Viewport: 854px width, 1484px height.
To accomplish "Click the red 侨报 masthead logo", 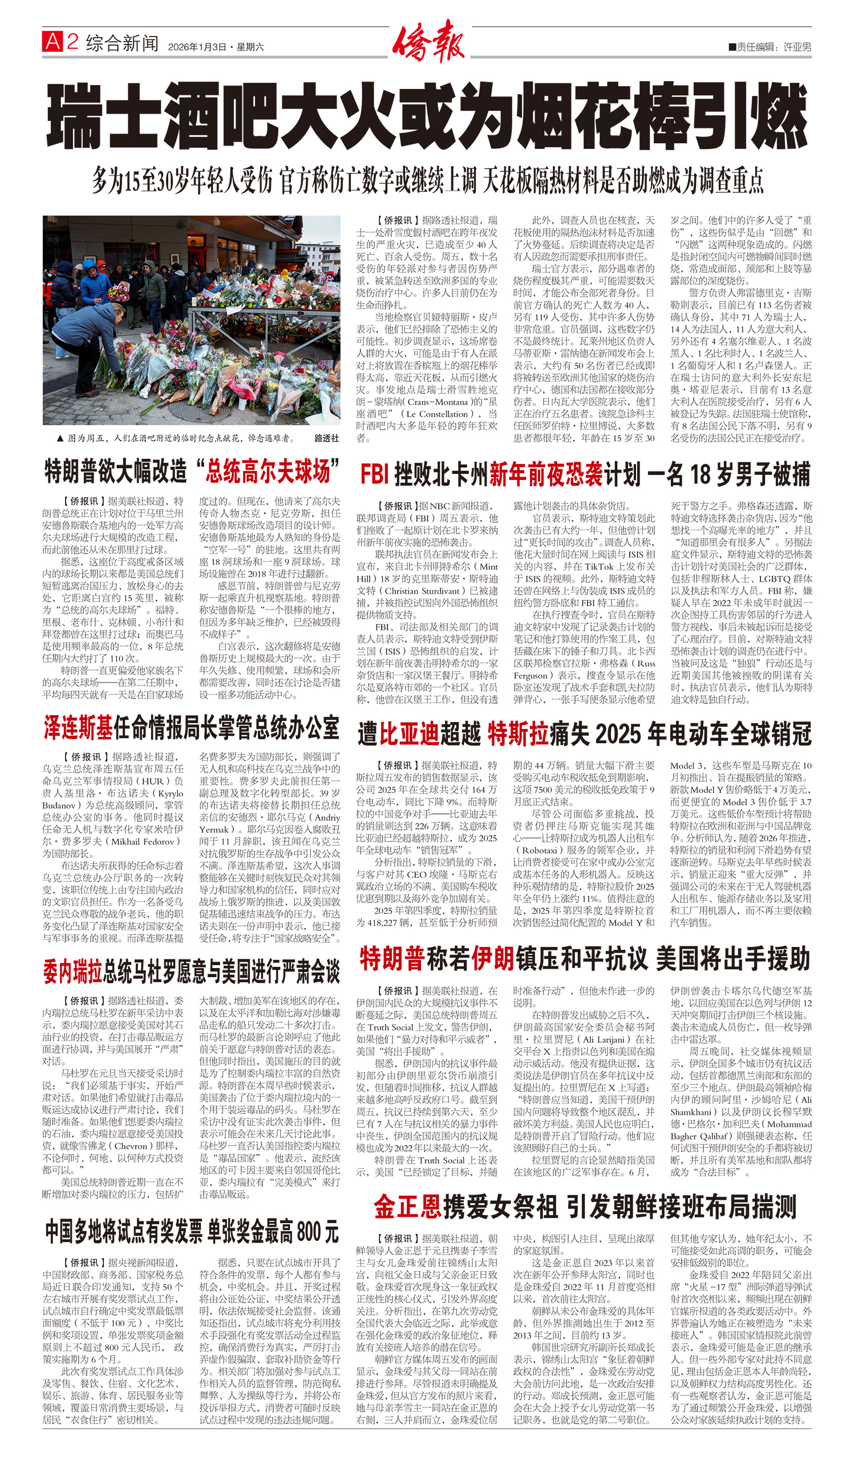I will point(428,41).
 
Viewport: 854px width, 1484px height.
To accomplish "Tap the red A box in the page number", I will point(52,42).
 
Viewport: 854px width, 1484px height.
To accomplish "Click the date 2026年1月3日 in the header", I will point(197,47).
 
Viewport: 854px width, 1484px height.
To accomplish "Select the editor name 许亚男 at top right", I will point(797,47).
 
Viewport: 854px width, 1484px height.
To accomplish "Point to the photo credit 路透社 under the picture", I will point(326,438).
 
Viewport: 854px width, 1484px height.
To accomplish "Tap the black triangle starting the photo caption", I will point(59,438).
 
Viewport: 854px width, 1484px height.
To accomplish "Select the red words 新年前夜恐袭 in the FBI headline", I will point(546,474).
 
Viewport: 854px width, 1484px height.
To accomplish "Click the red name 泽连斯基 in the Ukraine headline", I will point(78,728).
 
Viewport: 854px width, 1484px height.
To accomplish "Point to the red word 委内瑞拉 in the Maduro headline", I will point(72,971).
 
